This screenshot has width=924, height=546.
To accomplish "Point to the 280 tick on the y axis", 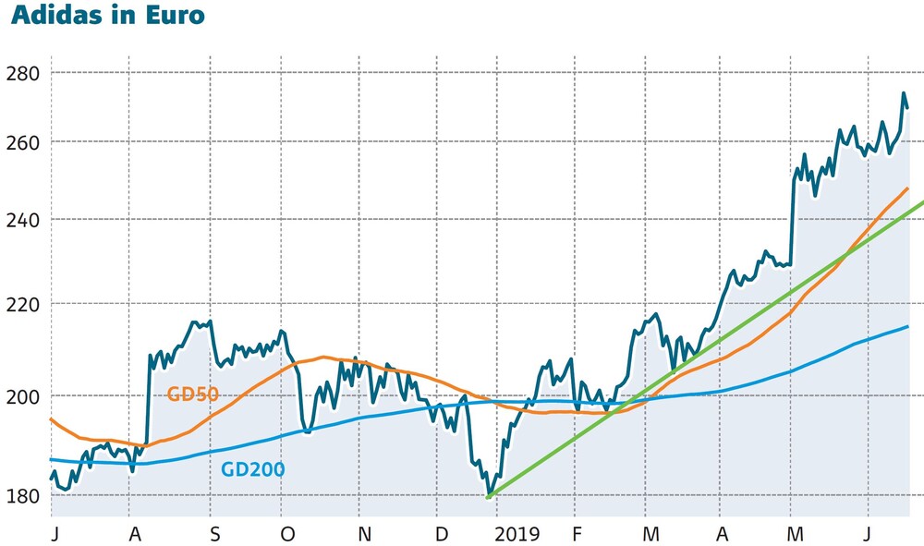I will pos(23,72).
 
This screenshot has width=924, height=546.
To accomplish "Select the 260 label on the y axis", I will pos(23,142).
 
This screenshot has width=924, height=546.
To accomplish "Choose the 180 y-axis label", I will pos(23,496).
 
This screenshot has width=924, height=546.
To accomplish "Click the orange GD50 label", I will pos(192,394).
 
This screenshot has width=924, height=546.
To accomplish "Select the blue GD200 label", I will pos(253,469).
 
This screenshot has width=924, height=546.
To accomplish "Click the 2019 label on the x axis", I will pos(516,534).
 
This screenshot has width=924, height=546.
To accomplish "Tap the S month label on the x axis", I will pos(214,534).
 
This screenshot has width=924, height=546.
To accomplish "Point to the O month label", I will pos(287,534).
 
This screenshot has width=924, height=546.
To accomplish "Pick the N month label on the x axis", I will pos(364,534).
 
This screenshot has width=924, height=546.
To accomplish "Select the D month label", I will pos(442,534).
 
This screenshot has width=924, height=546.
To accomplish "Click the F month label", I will pos(577,534).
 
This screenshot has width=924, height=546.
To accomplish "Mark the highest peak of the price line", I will pos(903,92).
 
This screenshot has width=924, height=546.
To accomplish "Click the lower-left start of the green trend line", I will pos(488,498).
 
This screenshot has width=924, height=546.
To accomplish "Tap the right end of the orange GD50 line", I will pos(907,188).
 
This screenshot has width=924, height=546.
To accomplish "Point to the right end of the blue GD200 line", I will pos(908,326).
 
